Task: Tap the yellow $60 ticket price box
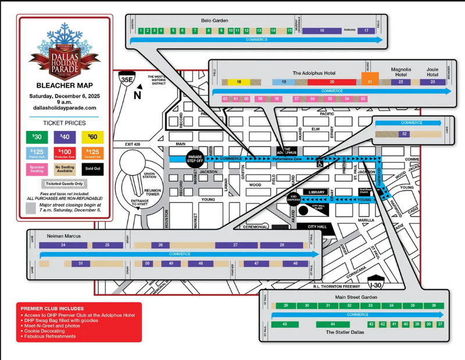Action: (92, 137)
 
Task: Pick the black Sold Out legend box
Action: (92, 169)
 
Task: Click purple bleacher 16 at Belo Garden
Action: (321, 30)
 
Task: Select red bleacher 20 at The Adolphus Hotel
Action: (324, 83)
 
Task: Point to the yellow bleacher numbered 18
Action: (239, 83)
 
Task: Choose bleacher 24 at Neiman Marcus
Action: (62, 245)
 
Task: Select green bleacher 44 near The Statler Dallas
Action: (332, 323)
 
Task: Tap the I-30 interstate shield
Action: (377, 283)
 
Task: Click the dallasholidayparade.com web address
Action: (65, 108)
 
